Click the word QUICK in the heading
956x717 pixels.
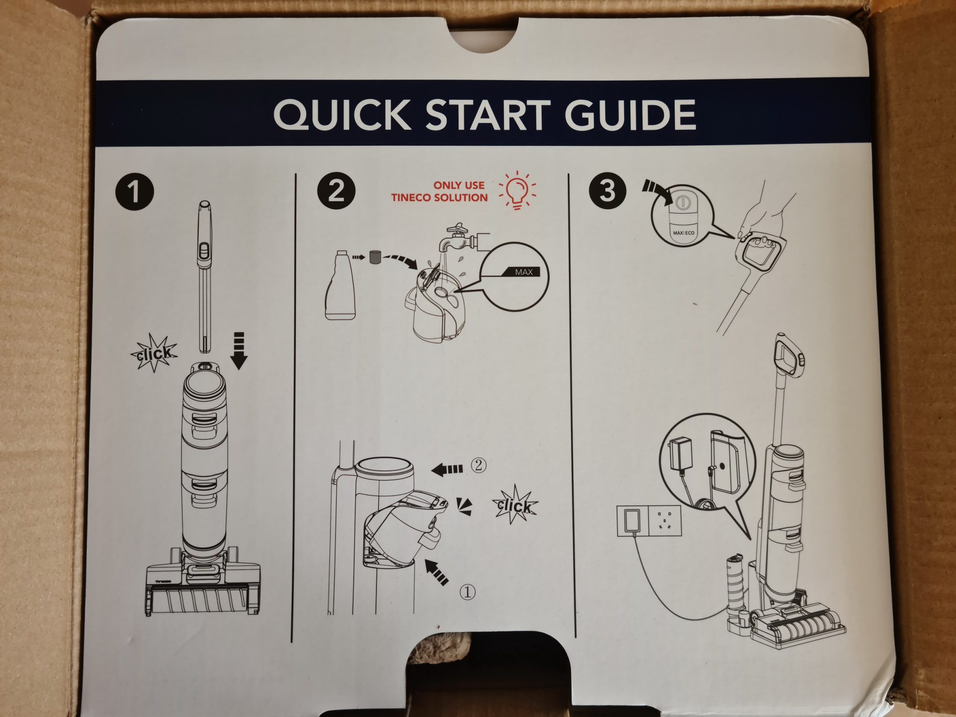[342, 114]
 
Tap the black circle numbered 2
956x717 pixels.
[336, 192]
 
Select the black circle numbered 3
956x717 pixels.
[607, 191]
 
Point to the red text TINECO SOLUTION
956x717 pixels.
[440, 197]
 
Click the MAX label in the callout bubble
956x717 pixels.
[524, 272]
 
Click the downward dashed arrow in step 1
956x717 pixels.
[239, 351]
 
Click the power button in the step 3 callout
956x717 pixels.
[682, 202]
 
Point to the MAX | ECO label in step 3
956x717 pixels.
[683, 232]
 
